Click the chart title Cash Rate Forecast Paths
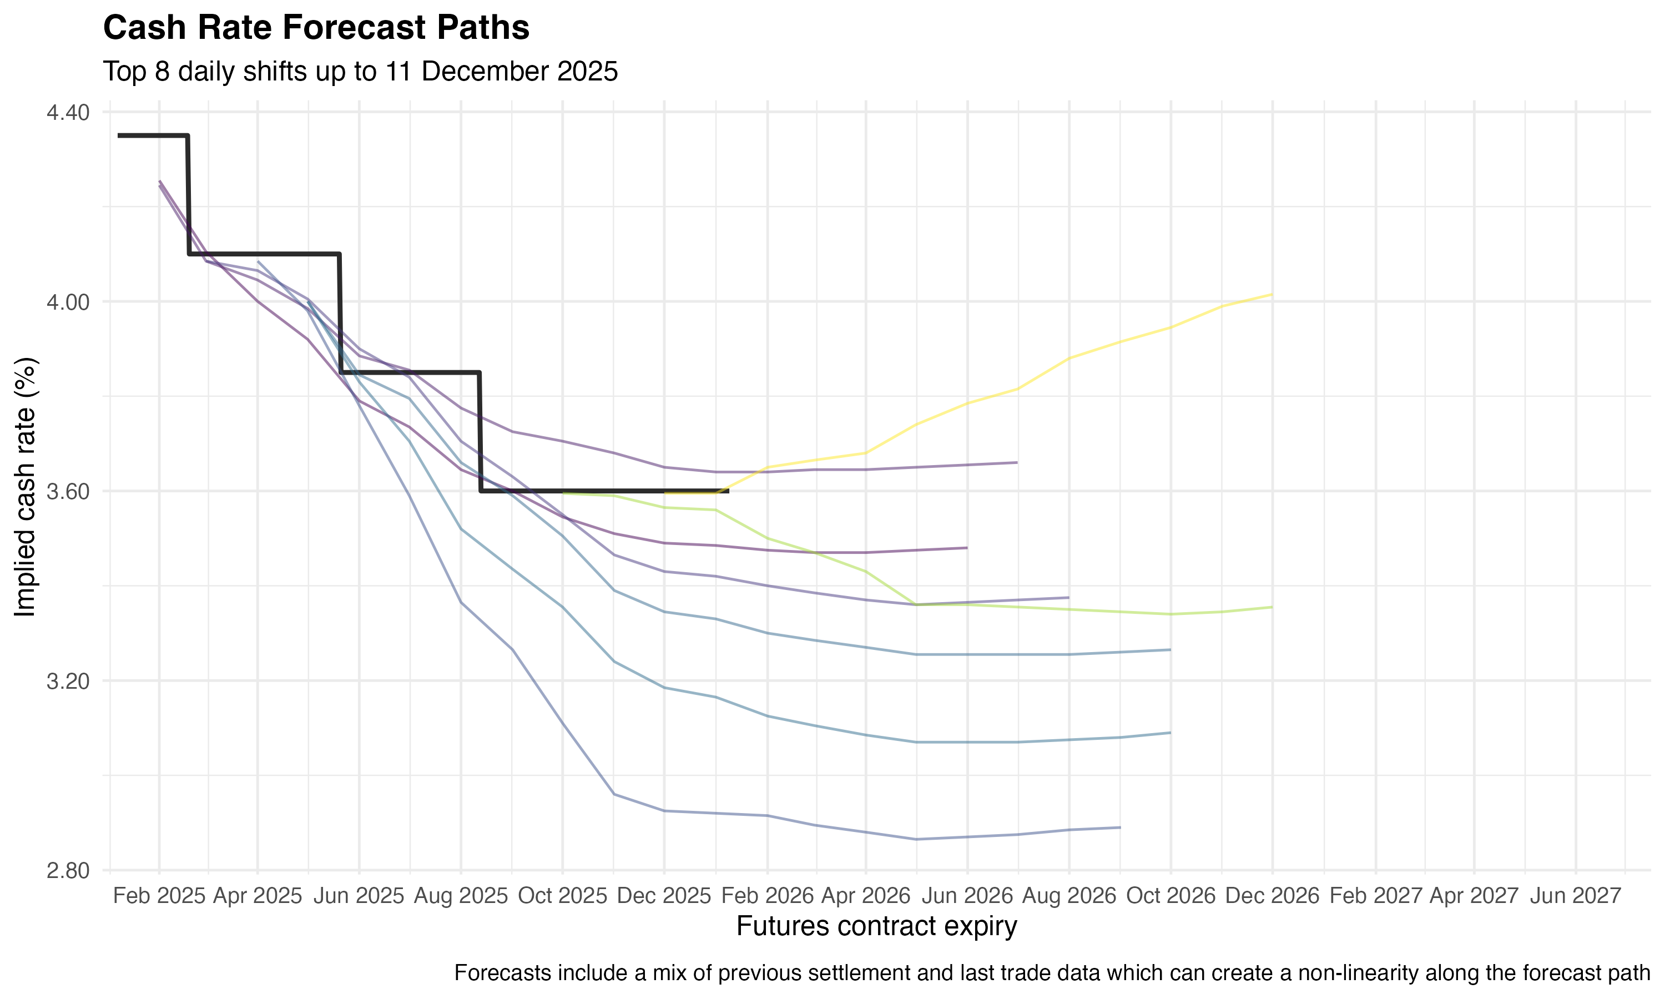316,28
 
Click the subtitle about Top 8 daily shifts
360,72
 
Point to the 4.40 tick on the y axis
68,113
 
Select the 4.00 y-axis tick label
68,302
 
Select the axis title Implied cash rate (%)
26,487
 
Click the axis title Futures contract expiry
876,926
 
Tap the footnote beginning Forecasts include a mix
1052,973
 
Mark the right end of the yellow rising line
1272,294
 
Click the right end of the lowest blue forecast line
1120,828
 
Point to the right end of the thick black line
728,491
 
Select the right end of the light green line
1272,607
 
